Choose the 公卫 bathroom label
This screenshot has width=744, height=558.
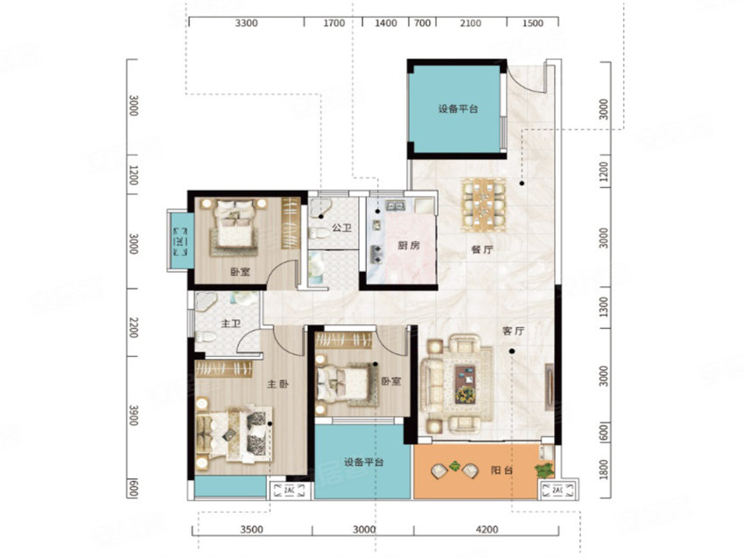(329, 231)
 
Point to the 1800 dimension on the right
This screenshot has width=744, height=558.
(604, 474)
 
